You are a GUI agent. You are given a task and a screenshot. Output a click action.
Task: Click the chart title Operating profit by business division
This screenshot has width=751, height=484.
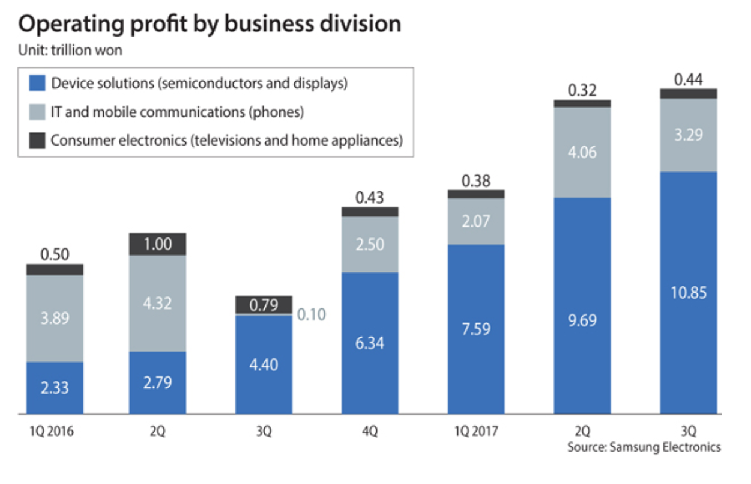tap(210, 24)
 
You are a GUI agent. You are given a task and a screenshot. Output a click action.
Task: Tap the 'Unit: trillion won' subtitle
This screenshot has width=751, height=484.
tap(70, 51)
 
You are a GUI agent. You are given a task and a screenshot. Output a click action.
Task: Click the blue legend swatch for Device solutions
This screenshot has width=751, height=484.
tap(37, 84)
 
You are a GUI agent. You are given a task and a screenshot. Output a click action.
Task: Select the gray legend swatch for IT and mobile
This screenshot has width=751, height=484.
tap(37, 112)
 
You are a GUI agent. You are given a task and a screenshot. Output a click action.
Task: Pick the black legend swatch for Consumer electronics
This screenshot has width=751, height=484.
tap(37, 141)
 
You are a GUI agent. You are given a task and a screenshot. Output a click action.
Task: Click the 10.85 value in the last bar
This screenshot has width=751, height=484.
tap(688, 293)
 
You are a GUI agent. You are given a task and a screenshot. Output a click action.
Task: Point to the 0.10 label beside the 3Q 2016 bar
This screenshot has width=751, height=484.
tap(311, 314)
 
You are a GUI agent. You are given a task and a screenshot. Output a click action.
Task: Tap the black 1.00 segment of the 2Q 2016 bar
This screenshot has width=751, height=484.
tap(158, 244)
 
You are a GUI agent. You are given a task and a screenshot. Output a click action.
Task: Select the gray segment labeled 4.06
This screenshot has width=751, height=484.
tap(582, 152)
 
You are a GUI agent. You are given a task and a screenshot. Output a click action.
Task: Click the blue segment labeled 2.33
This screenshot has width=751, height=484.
tap(55, 388)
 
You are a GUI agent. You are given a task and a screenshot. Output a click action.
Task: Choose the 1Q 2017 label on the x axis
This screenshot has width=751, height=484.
tap(476, 432)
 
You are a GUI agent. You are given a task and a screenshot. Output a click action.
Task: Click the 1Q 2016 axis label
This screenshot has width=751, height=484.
tap(55, 432)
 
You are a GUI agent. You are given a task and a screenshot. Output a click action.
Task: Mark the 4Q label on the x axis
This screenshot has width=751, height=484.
tap(370, 432)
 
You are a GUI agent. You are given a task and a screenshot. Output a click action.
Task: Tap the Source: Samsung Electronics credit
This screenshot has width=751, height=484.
tap(644, 447)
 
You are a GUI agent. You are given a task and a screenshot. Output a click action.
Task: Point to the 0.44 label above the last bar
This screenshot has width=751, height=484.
tap(688, 79)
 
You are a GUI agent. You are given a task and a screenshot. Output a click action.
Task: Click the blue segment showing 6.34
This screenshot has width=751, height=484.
tap(370, 343)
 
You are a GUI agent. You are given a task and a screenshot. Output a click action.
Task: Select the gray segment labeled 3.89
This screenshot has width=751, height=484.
tap(55, 318)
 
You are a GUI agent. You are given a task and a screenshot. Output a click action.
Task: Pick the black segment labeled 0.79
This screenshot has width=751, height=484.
tap(264, 305)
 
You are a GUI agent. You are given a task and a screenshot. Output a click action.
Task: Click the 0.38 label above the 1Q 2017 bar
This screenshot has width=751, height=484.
tap(476, 180)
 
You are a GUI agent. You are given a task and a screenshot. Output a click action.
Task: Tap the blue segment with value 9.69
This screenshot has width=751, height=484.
tap(582, 320)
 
